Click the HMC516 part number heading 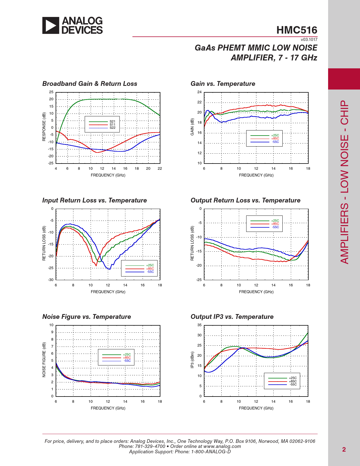click(297, 30)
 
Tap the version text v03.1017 click(309, 40)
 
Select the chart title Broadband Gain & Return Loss click(90, 84)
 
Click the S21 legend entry click(112, 121)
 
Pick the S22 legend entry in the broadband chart click(112, 128)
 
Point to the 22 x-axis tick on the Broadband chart click(160, 169)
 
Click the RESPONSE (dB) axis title click(44, 127)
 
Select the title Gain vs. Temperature click(223, 84)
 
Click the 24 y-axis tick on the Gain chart click(200, 92)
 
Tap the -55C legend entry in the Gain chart click(275, 142)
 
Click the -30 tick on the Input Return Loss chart click(51, 280)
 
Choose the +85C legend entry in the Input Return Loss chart click(150, 269)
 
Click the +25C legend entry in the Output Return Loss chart click(275, 221)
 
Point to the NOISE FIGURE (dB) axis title click(44, 360)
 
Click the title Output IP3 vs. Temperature click(232, 317)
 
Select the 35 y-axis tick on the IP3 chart click(200, 325)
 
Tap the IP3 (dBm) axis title click(192, 360)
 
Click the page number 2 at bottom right click(344, 450)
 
